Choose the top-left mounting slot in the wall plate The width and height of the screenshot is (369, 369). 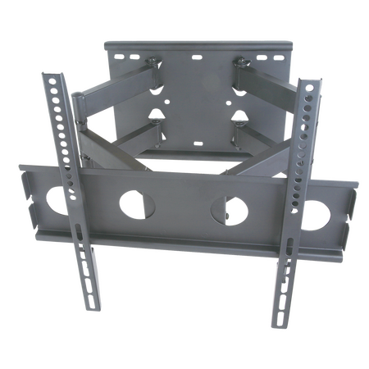122,57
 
